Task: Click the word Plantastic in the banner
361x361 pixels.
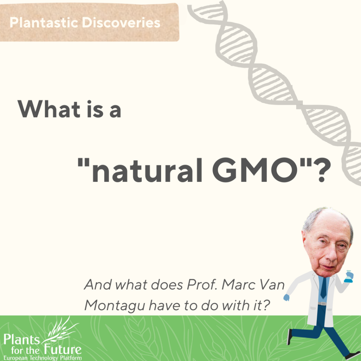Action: click(44, 23)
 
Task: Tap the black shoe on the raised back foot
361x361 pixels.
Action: click(290, 336)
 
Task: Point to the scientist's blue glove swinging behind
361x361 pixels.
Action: click(286, 298)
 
